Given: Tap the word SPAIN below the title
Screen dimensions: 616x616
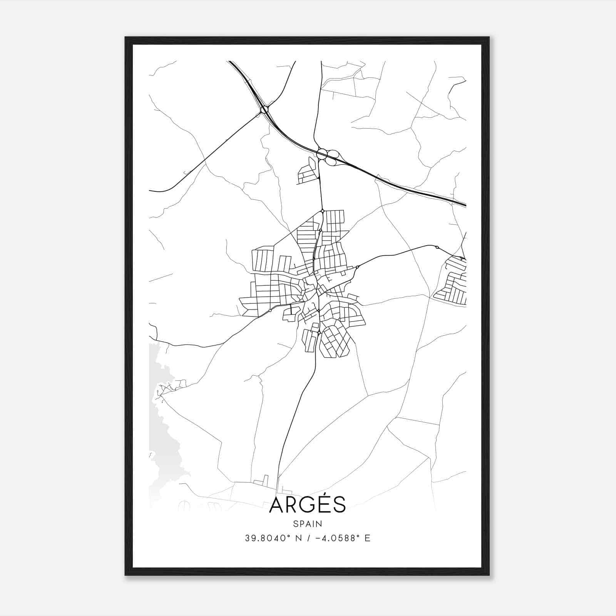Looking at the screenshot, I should pyautogui.click(x=308, y=524).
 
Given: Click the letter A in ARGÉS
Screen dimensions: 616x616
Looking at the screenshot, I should pyautogui.click(x=277, y=505).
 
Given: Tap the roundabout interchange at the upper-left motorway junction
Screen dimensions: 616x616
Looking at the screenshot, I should pyautogui.click(x=264, y=110).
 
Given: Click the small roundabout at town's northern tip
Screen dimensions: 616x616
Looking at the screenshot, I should pyautogui.click(x=323, y=211).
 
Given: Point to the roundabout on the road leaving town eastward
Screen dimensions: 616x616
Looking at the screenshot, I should pyautogui.click(x=358, y=267).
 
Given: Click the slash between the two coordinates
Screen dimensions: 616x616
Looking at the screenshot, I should pyautogui.click(x=308, y=538).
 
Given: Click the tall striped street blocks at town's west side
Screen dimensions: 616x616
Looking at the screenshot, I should pyautogui.click(x=262, y=259).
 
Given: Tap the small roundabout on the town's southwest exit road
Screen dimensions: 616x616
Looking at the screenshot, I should pyautogui.click(x=270, y=310).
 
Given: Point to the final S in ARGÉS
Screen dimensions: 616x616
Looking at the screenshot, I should pyautogui.click(x=340, y=505).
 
